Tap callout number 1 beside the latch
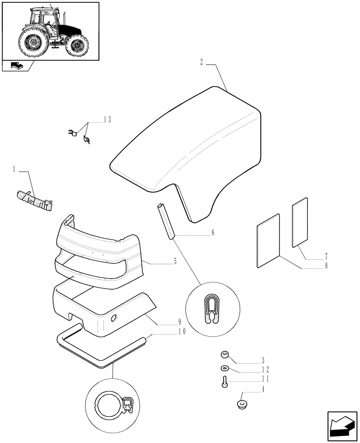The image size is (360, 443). tap(14, 169)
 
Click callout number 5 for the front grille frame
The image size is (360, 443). tap(175, 262)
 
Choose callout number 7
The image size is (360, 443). tap(326, 256)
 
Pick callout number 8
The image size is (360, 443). tap(326, 266)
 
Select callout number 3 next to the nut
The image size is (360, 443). tap(263, 359)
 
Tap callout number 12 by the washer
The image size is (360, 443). tap(265, 369)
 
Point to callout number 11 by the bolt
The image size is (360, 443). tap(265, 379)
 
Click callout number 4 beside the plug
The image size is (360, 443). tap(263, 389)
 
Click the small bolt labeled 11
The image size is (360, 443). tap(225, 381)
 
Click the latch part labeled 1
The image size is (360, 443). tap(35, 200)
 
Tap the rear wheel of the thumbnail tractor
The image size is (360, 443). tap(32, 43)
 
